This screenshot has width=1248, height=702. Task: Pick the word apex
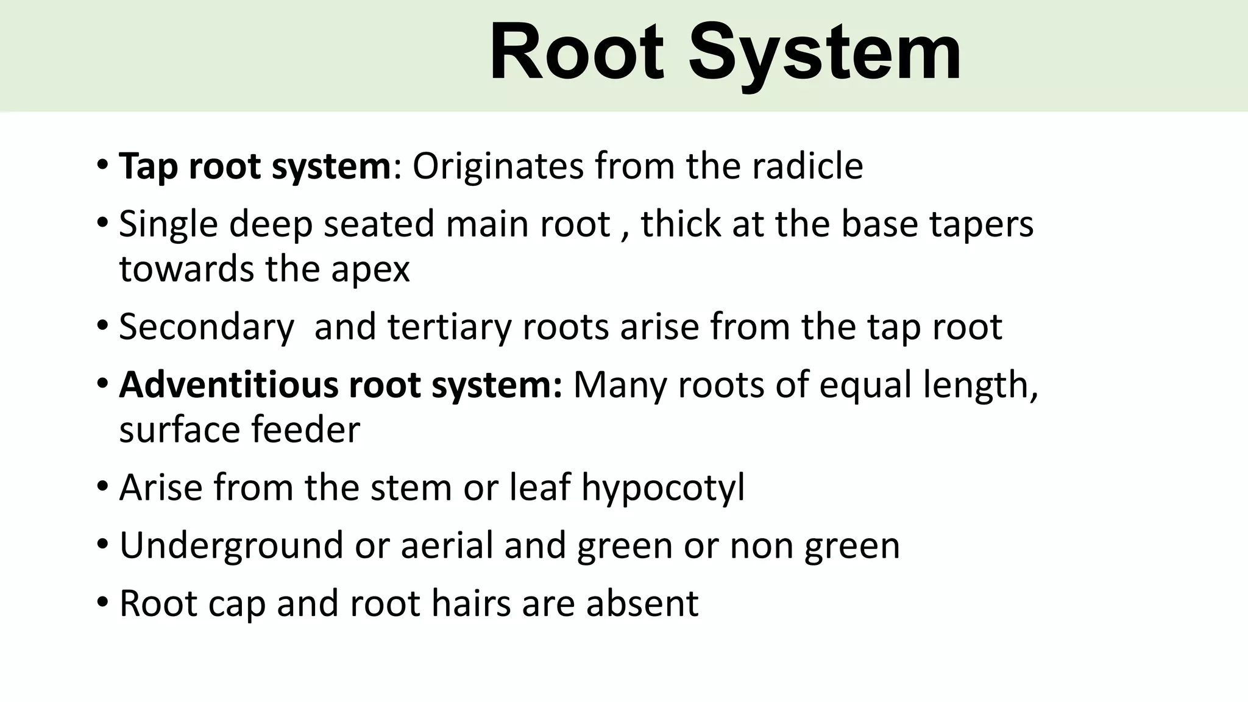tap(370, 269)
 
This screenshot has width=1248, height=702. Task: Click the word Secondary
tap(207, 327)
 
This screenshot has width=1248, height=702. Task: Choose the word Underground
tap(231, 545)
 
